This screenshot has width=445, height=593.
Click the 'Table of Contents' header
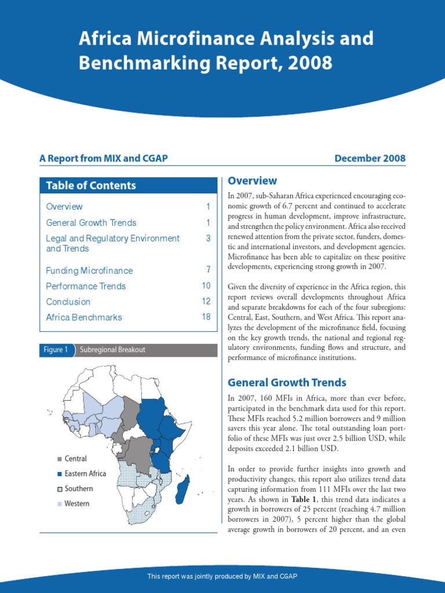coord(91,185)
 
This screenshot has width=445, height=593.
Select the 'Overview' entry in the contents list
coord(64,207)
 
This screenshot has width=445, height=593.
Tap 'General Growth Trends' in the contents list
coord(91,223)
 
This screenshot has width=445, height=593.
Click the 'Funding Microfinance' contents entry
coord(89,270)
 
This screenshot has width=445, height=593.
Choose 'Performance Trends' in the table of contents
coord(86,286)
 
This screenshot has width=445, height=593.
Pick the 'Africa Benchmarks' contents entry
coord(84,317)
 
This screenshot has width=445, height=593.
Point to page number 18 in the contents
coord(206,317)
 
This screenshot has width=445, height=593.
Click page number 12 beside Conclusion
coord(206,302)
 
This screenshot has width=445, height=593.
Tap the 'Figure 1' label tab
coord(56,350)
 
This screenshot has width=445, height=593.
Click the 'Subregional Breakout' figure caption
coord(112,350)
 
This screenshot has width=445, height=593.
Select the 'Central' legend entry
coord(75,459)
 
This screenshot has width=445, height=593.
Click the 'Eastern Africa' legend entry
coord(85,474)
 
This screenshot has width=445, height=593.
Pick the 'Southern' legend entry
coord(78,489)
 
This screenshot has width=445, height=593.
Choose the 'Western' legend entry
coord(76,504)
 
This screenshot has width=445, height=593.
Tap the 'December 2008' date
coord(370,159)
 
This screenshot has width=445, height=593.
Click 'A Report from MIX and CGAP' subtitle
coord(104,159)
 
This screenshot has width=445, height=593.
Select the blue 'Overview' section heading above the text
coord(252,181)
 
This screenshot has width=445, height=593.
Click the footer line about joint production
coord(222,576)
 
